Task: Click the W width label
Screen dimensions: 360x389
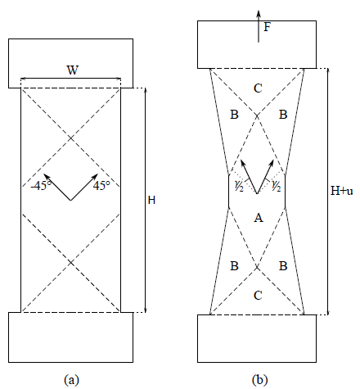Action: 73,70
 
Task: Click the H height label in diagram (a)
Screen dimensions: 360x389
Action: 151,201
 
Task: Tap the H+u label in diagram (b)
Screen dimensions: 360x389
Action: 341,191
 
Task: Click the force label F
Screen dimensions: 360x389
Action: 267,27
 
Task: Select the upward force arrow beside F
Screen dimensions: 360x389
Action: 259,26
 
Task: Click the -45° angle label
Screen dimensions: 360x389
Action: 41,186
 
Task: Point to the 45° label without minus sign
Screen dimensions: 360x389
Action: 101,186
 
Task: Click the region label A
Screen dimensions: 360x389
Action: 259,218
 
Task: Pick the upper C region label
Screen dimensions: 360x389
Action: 258,88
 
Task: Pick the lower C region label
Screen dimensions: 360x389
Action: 258,296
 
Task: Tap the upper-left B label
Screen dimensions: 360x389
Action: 234,115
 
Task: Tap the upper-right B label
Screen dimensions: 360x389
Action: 283,115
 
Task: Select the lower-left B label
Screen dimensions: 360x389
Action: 234,265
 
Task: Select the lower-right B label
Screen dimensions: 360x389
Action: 283,265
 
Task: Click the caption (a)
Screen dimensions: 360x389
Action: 71,380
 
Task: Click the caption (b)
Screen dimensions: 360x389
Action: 260,380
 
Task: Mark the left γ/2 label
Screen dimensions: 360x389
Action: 239,186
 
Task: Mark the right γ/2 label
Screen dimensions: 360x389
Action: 277,186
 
